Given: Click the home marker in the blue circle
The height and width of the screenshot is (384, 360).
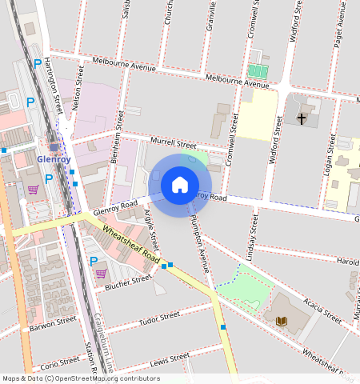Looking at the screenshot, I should click(180, 186).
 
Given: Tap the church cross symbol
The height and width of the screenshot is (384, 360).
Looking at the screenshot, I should click(302, 119).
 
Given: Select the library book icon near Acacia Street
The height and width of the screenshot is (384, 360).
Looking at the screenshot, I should click(281, 321).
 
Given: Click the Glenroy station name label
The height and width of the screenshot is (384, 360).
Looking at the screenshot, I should click(54, 159).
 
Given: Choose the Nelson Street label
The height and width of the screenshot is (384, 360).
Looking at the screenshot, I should click(79, 87).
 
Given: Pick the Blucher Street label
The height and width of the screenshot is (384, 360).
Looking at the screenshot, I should click(129, 280).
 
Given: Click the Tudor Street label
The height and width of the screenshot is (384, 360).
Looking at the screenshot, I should click(159, 318).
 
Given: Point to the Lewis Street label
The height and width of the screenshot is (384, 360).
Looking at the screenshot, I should click(166, 364).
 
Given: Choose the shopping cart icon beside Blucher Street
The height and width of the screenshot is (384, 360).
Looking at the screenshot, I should click(101, 274).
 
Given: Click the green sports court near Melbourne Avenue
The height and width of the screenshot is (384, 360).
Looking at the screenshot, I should click(258, 70).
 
